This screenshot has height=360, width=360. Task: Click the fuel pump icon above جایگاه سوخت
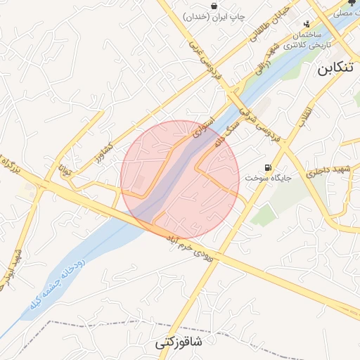tap(267, 167)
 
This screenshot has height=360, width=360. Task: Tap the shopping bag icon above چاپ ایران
tap(212, 6)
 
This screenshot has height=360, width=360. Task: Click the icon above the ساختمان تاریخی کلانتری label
tap(306, 25)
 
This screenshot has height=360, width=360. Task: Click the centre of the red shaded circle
tap(181, 179)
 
